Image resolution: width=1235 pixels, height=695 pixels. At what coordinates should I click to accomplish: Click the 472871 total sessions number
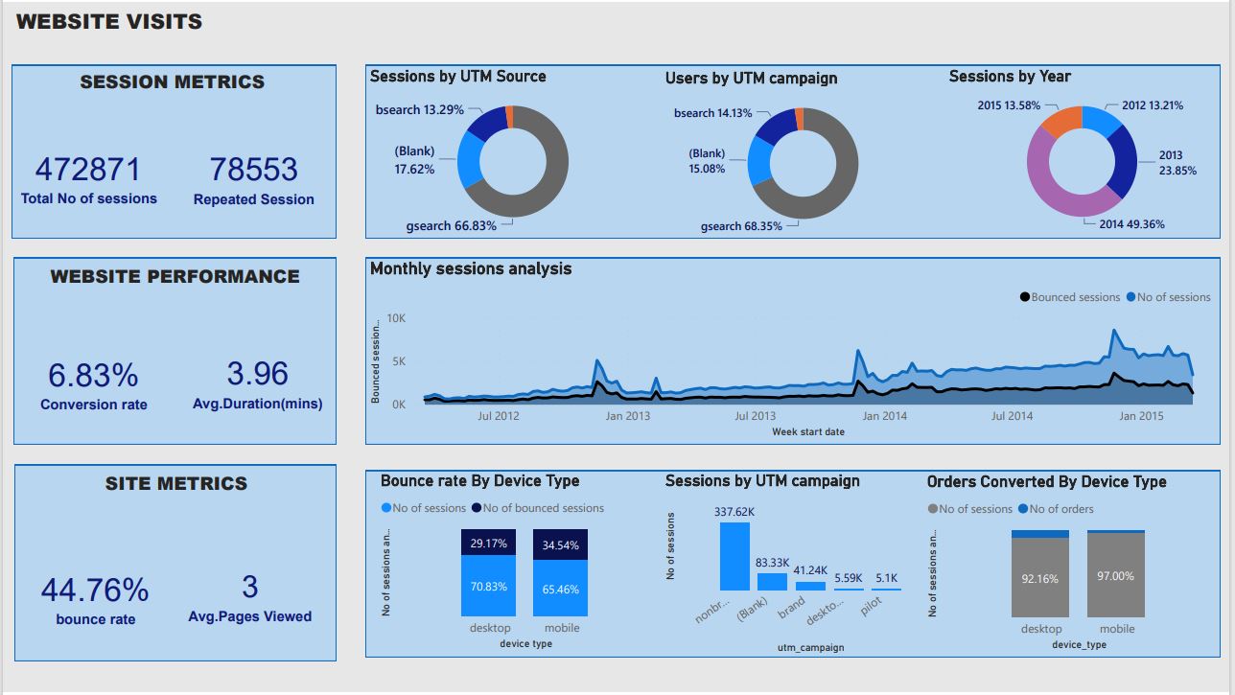pos(88,170)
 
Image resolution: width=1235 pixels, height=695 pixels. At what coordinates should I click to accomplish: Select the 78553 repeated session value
pos(253,170)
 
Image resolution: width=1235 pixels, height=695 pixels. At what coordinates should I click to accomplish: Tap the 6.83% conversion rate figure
pos(93,375)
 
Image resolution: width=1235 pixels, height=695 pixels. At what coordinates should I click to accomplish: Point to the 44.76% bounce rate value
pos(94,590)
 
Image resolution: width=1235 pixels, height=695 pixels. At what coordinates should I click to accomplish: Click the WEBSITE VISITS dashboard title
pos(109,22)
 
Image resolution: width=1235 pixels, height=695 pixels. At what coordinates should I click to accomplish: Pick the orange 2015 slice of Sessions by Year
pos(1060,121)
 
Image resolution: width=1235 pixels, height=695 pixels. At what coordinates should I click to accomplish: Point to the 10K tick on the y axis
pos(396,318)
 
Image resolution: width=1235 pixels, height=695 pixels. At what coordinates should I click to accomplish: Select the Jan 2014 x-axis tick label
pos(884,416)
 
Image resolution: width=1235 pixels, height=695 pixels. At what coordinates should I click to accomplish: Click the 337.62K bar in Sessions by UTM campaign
pos(734,556)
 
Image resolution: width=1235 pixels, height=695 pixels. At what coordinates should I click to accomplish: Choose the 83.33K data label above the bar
pos(772,563)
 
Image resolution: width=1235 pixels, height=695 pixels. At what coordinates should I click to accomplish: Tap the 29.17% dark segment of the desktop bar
pos(488,543)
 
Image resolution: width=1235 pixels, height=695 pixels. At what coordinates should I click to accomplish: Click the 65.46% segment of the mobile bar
pos(560,589)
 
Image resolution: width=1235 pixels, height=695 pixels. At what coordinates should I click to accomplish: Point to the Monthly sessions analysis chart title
pos(471,268)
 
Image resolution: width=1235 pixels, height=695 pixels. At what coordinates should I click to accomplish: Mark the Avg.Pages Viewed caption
pos(249,616)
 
